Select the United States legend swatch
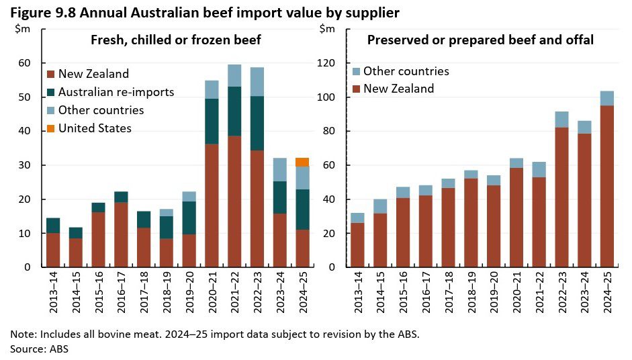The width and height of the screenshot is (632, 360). click(x=51, y=128)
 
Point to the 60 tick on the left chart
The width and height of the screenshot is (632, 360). click(x=24, y=63)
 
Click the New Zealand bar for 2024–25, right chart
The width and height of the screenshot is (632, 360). click(x=607, y=186)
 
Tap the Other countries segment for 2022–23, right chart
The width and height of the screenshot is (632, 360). click(x=562, y=120)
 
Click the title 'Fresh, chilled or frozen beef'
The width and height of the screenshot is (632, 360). click(x=175, y=40)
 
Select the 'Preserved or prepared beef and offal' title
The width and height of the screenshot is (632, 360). click(x=480, y=40)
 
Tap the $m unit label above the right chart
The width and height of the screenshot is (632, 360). click(x=327, y=28)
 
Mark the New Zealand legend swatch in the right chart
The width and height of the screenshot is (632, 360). click(x=357, y=89)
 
